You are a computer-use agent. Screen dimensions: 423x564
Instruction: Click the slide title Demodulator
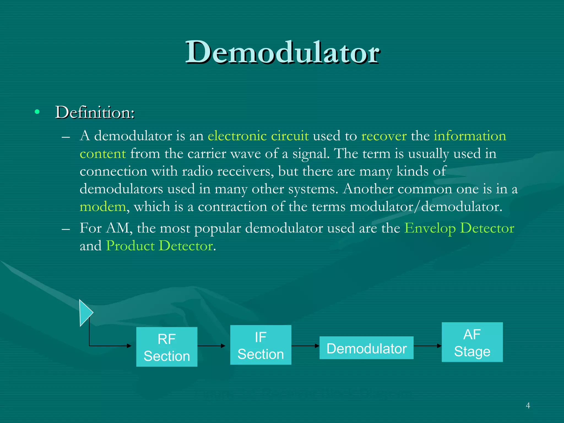point(283,52)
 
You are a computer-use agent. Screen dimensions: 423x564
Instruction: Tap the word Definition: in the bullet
point(95,112)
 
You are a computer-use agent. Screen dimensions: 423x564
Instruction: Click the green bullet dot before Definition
point(37,112)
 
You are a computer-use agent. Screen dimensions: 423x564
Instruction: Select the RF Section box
point(167,347)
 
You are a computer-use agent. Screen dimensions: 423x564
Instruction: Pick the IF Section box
point(261,345)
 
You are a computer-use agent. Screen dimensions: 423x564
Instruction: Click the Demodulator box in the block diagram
point(366,348)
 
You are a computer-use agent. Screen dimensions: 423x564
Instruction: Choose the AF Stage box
point(472,342)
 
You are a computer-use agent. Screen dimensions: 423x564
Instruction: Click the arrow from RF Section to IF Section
point(211,346)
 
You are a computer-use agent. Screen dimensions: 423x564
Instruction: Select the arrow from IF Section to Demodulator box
point(305,346)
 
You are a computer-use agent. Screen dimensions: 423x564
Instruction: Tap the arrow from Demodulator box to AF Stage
point(427,346)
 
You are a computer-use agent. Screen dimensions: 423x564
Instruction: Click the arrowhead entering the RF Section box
point(129,346)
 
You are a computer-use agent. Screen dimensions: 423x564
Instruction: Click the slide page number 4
point(528,405)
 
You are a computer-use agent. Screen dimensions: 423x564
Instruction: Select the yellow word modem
point(103,207)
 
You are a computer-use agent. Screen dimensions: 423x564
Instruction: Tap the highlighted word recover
point(384,136)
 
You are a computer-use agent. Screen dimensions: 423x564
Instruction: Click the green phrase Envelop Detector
point(459,228)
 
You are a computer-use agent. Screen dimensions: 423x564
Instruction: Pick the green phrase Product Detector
point(159,246)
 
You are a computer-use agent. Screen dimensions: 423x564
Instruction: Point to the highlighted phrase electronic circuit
point(258,136)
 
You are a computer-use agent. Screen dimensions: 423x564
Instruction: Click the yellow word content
point(103,154)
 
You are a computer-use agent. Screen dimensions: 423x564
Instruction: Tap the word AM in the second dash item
point(117,228)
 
